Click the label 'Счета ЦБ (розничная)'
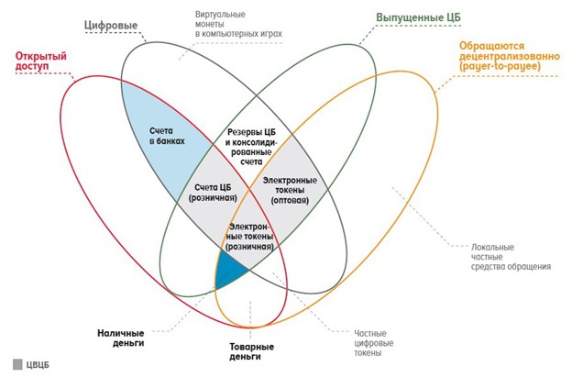pyautogui.click(x=213, y=193)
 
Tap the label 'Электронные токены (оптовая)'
pyautogui.click(x=290, y=189)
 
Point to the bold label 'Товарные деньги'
pyautogui.click(x=251, y=352)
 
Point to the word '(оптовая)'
pyautogui.click(x=290, y=200)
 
